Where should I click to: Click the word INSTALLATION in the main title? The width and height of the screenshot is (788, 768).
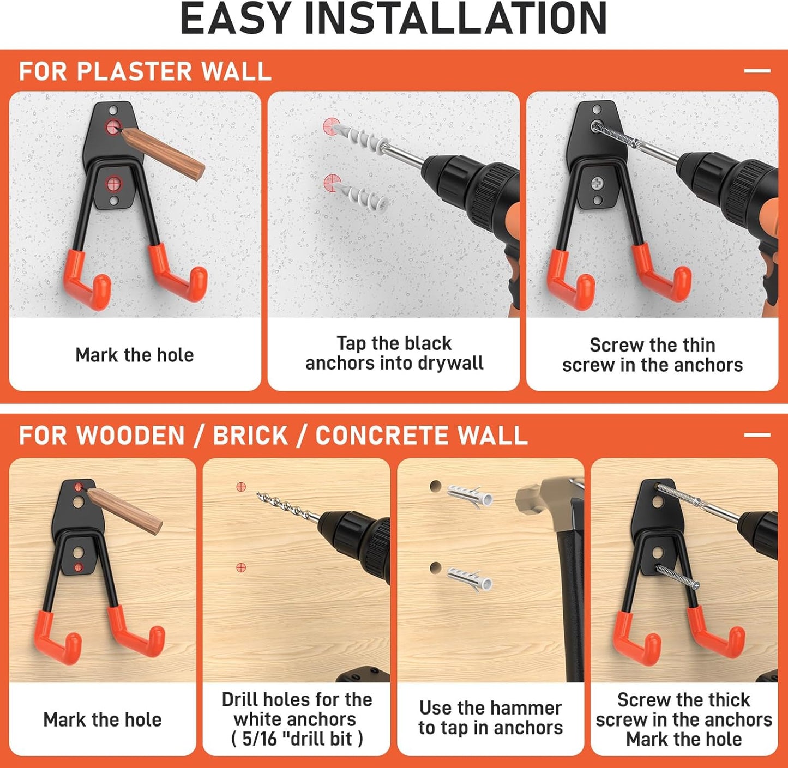455,19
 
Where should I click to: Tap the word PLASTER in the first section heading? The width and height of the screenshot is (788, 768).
134,71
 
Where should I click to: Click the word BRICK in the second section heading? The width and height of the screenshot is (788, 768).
250,436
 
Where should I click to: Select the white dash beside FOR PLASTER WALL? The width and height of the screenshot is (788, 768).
757,70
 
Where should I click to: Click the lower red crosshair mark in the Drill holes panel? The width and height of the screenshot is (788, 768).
241,567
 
